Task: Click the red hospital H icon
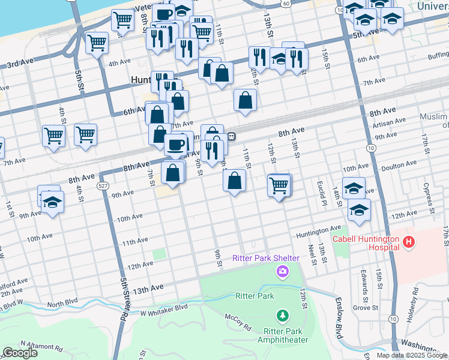(409, 243)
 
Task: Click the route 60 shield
(288, 4)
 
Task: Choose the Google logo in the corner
(20, 353)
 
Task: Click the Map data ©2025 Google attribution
(412, 355)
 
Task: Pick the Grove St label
(366, 308)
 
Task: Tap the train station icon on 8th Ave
(231, 137)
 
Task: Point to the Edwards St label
(364, 282)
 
